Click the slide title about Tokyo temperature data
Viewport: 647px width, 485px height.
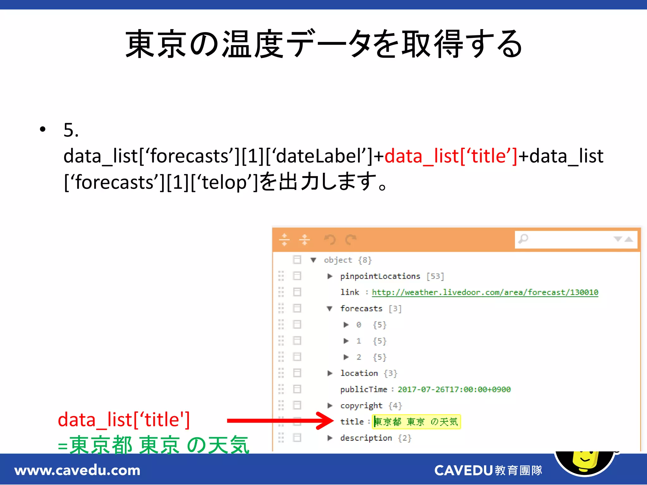tap(323, 44)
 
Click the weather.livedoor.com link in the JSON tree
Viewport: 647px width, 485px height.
tap(485, 292)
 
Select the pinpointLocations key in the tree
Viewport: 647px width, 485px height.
tap(380, 276)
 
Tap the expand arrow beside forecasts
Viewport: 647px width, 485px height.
tap(330, 308)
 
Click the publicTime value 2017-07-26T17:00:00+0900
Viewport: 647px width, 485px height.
tap(454, 389)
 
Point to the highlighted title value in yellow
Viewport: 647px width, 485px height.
tap(416, 422)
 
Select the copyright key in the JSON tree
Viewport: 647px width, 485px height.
tap(361, 405)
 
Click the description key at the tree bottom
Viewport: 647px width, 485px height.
tap(366, 438)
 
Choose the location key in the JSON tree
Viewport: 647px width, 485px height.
tap(359, 373)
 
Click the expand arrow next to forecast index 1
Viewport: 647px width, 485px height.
tap(346, 341)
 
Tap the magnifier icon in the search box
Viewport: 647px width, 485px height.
tap(523, 239)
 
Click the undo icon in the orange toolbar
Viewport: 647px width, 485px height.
tap(330, 240)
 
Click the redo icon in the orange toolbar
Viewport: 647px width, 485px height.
tap(351, 240)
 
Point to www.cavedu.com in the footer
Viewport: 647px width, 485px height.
tap(77, 470)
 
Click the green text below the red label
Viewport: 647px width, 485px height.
tap(154, 445)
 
